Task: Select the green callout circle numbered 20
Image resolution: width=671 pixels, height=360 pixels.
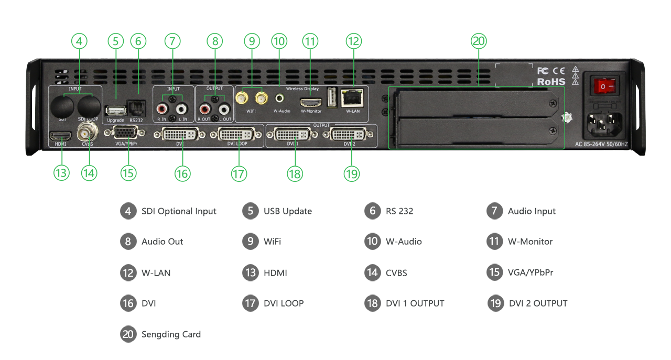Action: (479, 41)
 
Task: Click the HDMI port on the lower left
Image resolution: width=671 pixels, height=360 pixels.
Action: (57, 136)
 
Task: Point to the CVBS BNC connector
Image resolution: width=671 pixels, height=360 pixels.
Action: (84, 133)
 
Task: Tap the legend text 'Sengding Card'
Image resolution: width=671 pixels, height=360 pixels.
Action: (171, 334)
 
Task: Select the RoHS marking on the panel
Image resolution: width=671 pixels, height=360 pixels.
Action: (551, 82)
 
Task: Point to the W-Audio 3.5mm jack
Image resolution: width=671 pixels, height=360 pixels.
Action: (282, 98)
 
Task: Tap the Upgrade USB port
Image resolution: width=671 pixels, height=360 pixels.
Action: (115, 111)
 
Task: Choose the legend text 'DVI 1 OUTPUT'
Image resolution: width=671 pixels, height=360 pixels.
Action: (415, 303)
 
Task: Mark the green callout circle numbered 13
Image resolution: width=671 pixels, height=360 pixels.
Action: (61, 173)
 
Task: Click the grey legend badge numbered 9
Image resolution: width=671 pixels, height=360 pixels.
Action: (251, 242)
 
